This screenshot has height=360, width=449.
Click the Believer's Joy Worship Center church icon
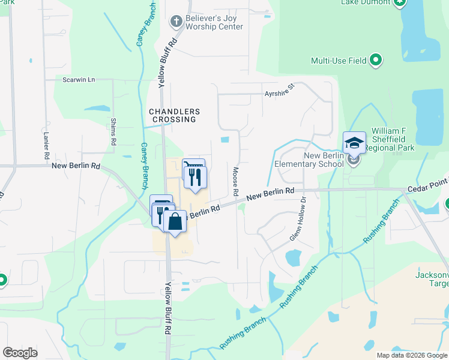176,22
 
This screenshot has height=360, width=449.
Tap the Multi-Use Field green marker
376,60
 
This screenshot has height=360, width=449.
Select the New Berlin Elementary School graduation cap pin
354,143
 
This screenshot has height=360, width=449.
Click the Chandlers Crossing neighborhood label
173,116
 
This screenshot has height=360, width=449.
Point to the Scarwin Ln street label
79,79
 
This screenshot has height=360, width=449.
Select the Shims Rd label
113,132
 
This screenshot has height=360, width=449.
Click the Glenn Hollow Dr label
298,220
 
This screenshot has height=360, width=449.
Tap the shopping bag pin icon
175,221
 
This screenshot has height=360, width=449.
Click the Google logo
20,353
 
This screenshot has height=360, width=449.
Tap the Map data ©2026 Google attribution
411,355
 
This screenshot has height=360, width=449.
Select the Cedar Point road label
427,188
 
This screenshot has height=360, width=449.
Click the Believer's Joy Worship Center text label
214,22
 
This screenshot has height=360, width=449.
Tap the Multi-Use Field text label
338,61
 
